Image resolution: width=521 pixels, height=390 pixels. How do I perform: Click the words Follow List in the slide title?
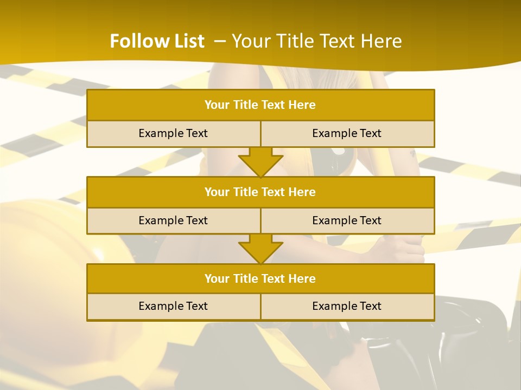(157, 41)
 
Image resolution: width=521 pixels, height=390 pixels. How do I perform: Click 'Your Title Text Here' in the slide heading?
(316, 41)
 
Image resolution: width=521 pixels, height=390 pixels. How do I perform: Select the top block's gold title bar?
(260, 105)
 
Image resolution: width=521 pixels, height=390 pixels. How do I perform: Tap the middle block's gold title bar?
(260, 192)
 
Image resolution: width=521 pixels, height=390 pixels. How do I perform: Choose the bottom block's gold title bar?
(260, 279)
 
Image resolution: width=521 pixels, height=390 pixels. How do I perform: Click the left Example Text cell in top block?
(173, 133)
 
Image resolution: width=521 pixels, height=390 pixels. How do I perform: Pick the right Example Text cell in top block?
(347, 133)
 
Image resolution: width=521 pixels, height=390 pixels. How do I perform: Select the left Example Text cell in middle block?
(173, 220)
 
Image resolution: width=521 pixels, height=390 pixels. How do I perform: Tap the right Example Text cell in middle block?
(347, 220)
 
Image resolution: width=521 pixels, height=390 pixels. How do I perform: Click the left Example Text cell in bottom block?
(173, 306)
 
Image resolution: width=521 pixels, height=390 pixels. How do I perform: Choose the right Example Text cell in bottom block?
(347, 306)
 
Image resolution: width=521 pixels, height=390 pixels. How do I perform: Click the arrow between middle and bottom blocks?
(260, 249)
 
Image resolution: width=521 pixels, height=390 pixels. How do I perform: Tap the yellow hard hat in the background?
(49, 244)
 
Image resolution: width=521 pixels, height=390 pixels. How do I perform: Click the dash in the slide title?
(220, 41)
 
